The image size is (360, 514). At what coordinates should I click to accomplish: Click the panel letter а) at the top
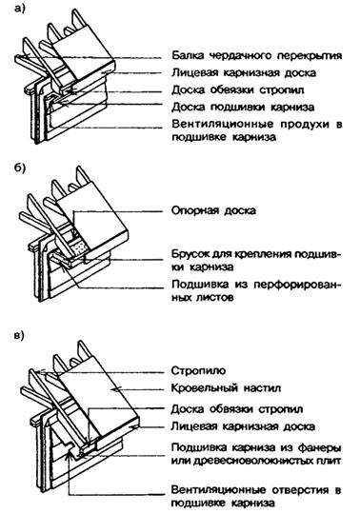pyautogui.click(x=19, y=9)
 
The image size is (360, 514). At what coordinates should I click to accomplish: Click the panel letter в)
pyautogui.click(x=19, y=336)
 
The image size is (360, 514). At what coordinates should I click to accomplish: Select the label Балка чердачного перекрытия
pyautogui.click(x=257, y=56)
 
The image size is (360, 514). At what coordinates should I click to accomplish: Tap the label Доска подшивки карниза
pyautogui.click(x=243, y=107)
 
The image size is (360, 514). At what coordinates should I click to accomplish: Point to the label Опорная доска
pyautogui.click(x=213, y=210)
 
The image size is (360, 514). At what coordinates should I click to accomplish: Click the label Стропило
pyautogui.click(x=198, y=371)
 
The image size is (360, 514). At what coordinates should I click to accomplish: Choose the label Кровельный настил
pyautogui.click(x=226, y=388)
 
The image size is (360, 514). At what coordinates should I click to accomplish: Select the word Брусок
pyautogui.click(x=190, y=254)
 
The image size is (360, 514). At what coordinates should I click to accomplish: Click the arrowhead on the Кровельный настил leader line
pyautogui.click(x=113, y=389)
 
